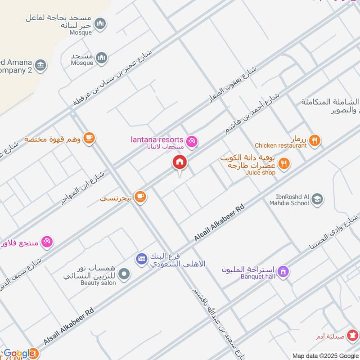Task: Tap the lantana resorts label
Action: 157,140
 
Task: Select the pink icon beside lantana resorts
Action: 192,141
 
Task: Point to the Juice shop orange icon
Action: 283,163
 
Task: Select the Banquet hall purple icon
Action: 283,271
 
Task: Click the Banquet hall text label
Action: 258,276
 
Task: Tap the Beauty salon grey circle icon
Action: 125,273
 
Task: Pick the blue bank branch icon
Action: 142,258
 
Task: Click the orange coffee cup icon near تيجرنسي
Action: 140,197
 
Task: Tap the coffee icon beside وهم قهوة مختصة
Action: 89,138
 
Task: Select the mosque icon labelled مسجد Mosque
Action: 102,58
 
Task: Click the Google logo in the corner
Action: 19,353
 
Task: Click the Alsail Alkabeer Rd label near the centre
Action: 219,223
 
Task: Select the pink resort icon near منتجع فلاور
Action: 47,242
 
